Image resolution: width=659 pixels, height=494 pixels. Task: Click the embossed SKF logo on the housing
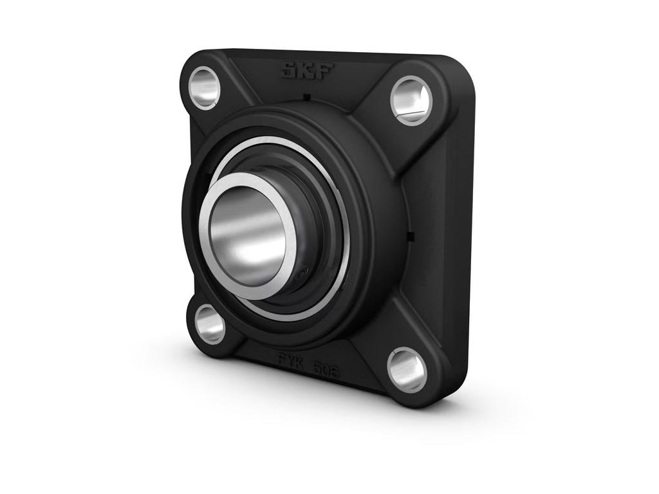(307, 70)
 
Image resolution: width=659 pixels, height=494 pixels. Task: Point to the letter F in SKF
(324, 71)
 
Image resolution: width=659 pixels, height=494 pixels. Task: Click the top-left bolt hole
(204, 87)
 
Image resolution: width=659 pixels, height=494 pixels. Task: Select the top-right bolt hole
(411, 100)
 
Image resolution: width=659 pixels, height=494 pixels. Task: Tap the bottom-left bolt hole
(210, 324)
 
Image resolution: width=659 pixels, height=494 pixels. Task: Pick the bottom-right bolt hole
(407, 369)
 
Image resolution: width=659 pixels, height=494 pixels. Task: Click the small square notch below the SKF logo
(307, 97)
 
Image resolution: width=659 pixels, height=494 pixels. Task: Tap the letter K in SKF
(307, 70)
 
